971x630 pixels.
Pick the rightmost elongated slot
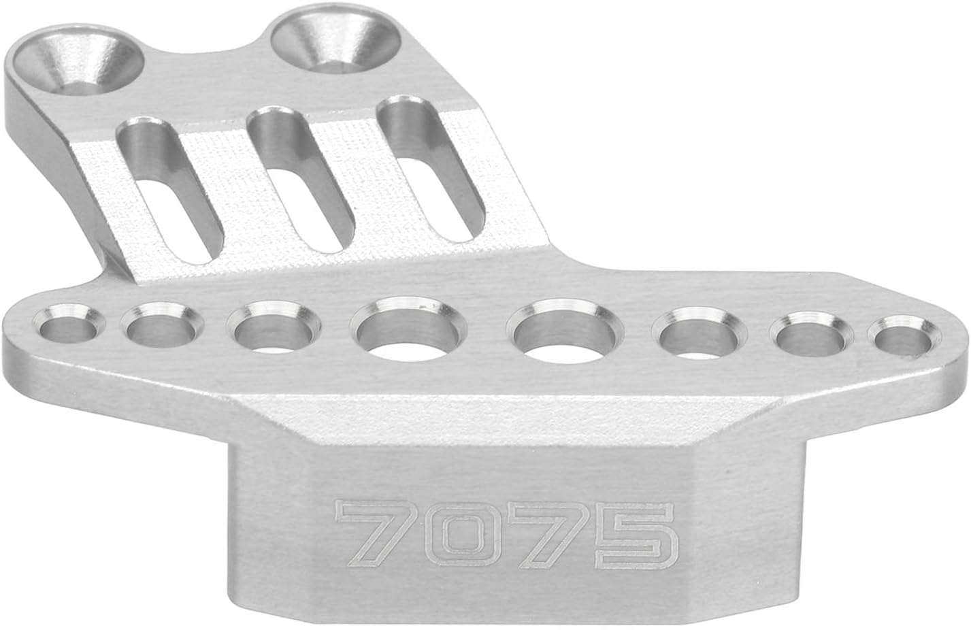click(x=431, y=169)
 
